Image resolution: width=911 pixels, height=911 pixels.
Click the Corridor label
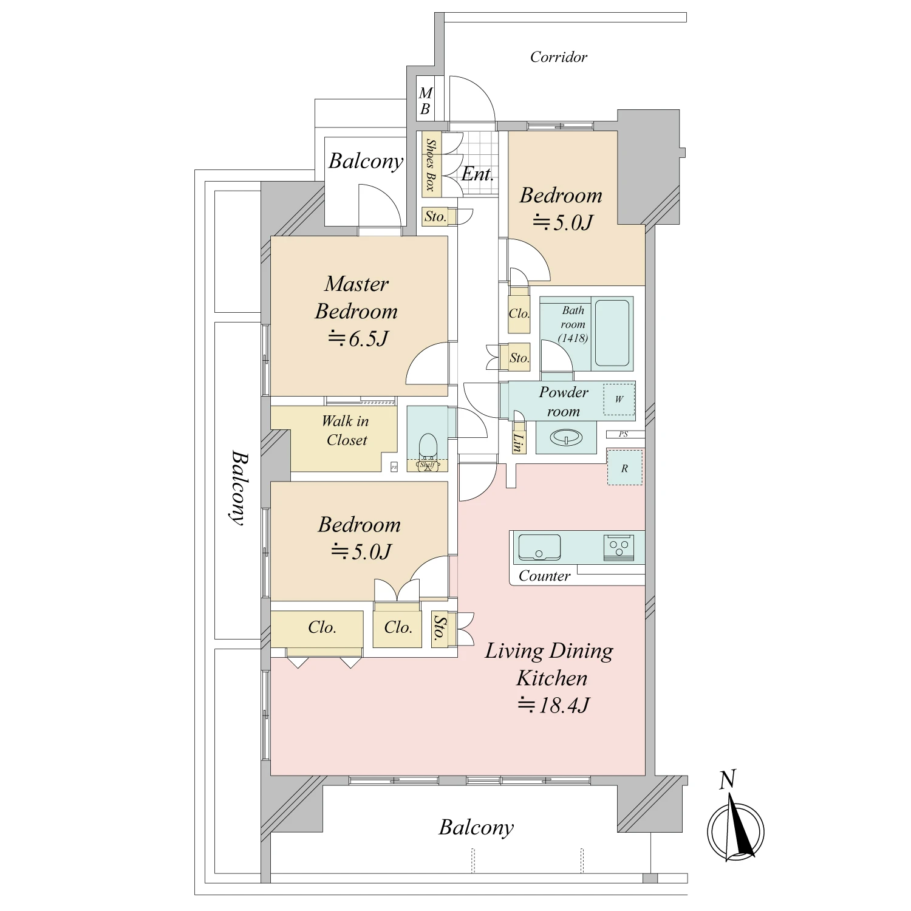(x=558, y=57)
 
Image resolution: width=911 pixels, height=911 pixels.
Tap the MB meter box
(x=425, y=101)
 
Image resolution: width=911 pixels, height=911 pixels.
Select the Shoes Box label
(x=431, y=165)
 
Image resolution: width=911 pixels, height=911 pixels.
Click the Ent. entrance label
(x=477, y=175)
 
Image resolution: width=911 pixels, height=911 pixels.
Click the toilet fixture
(x=428, y=448)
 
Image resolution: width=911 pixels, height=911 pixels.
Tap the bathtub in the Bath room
(x=612, y=333)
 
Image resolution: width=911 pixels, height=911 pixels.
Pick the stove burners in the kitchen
(x=619, y=547)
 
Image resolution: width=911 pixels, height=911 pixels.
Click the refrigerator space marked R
(x=624, y=468)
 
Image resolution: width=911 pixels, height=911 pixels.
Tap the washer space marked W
(x=619, y=399)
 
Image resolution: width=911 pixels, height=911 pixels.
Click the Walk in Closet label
(x=346, y=431)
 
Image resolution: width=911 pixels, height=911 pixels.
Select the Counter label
(x=544, y=576)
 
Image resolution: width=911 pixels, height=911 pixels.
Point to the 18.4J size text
(x=553, y=705)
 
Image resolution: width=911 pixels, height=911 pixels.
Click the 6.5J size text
(x=358, y=338)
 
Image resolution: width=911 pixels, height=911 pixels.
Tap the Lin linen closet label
(x=517, y=443)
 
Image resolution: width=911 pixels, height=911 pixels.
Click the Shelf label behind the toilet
(x=428, y=465)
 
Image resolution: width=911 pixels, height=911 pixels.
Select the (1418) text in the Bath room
(x=573, y=338)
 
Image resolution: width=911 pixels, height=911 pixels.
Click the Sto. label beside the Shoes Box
(x=435, y=217)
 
